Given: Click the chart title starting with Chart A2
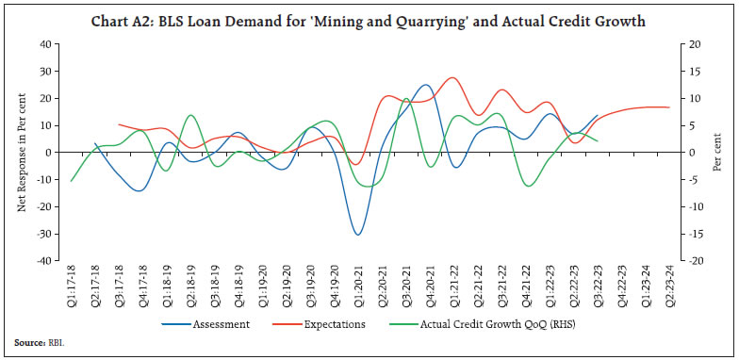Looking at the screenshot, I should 369,21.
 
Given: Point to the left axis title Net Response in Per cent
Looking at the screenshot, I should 21,153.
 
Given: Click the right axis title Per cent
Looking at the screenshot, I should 716,153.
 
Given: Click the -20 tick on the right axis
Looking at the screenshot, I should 695,261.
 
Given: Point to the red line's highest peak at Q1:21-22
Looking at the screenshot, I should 453,77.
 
